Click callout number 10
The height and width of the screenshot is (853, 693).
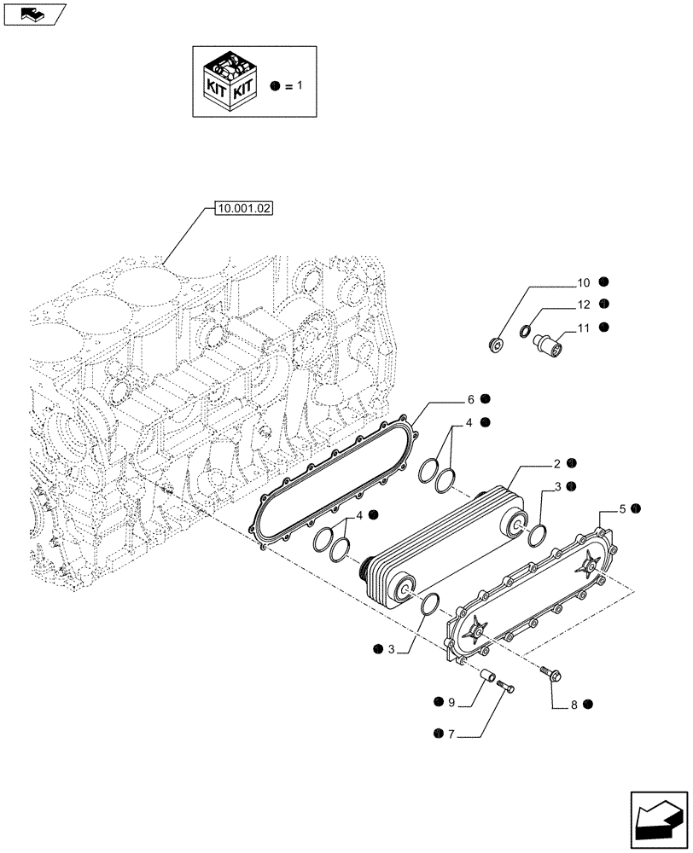[583, 281]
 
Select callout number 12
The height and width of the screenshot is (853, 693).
[583, 304]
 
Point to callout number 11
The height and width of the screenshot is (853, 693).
[583, 326]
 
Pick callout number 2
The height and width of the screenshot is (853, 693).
[556, 463]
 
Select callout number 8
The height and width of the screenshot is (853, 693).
[574, 705]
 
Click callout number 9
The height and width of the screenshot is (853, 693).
[451, 702]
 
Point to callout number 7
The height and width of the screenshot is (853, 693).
[451, 732]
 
